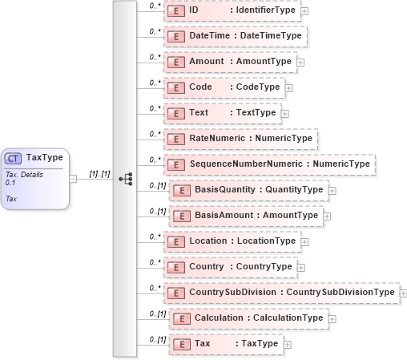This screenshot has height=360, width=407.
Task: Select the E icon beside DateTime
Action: click(175, 36)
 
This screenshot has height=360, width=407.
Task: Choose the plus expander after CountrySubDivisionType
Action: click(402, 293)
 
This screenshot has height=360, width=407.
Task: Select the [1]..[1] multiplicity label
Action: click(99, 173)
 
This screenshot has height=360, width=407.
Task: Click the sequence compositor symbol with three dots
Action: click(125, 179)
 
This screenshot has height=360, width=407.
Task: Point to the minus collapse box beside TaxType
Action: click(73, 179)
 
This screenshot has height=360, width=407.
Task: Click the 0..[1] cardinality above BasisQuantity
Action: click(158, 185)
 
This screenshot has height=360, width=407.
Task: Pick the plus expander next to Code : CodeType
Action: click(289, 87)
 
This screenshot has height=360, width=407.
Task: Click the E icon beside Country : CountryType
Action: click(175, 267)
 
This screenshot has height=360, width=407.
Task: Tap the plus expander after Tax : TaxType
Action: click(288, 344)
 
